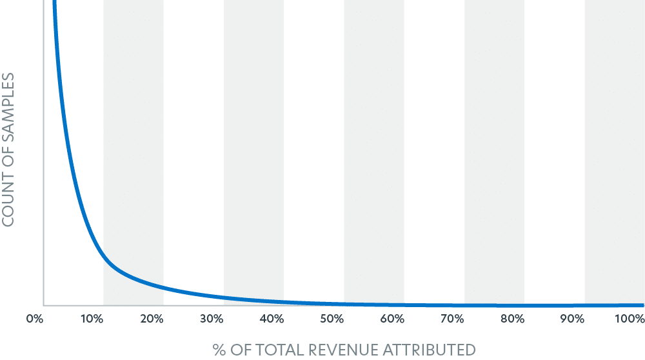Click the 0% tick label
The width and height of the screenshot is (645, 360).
click(x=34, y=319)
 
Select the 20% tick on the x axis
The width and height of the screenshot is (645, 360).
click(x=151, y=319)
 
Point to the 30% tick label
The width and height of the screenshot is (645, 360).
click(x=211, y=319)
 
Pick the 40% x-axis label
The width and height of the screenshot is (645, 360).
click(x=272, y=319)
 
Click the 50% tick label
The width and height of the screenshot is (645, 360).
click(x=332, y=319)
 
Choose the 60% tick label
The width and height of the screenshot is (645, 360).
click(x=392, y=319)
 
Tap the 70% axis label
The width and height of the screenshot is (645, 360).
click(x=451, y=319)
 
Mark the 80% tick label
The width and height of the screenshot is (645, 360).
click(x=511, y=319)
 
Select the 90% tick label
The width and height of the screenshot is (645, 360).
click(x=571, y=319)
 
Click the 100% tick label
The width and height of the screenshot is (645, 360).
click(x=630, y=319)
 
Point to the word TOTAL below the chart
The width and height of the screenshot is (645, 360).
click(x=275, y=350)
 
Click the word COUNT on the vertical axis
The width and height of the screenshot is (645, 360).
click(x=8, y=193)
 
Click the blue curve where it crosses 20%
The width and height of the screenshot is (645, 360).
click(x=151, y=285)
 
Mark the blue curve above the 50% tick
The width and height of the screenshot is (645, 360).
click(x=332, y=303)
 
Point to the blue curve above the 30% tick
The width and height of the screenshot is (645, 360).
click(x=211, y=296)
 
